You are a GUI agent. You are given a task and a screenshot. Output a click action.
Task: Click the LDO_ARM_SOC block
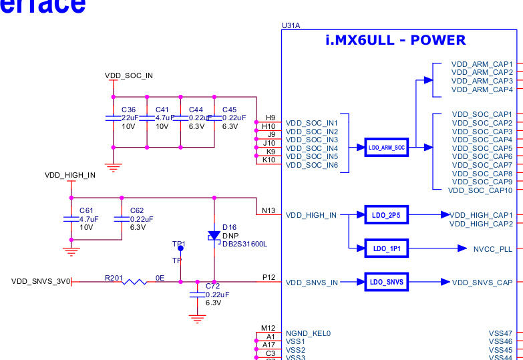point(387,148)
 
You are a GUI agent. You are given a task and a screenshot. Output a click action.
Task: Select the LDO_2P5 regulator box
point(386,215)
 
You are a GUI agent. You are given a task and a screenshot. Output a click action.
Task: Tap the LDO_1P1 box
point(386,248)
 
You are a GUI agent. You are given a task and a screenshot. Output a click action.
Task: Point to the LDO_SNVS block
point(386,282)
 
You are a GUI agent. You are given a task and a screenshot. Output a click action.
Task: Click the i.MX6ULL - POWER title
point(395,40)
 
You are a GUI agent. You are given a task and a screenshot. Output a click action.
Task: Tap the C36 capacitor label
point(128,110)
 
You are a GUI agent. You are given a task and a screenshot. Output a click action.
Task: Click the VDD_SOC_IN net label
point(129,75)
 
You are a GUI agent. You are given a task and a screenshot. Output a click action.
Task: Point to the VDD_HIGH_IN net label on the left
point(70,176)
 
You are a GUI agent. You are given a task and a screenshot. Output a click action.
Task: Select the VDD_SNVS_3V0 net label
point(40,282)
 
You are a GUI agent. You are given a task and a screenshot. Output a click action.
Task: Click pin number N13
point(268,210)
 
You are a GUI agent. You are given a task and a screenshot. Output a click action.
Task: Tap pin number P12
point(268,277)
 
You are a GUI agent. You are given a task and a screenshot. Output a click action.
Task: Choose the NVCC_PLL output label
point(493,248)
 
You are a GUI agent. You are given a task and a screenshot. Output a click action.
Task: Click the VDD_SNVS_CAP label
point(482,283)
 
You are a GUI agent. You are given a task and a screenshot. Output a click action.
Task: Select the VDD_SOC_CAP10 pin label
point(480,190)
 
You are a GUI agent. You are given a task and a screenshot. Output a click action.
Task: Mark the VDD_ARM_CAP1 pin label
point(482,64)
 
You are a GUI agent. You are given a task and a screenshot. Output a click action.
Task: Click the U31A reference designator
point(291,25)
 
